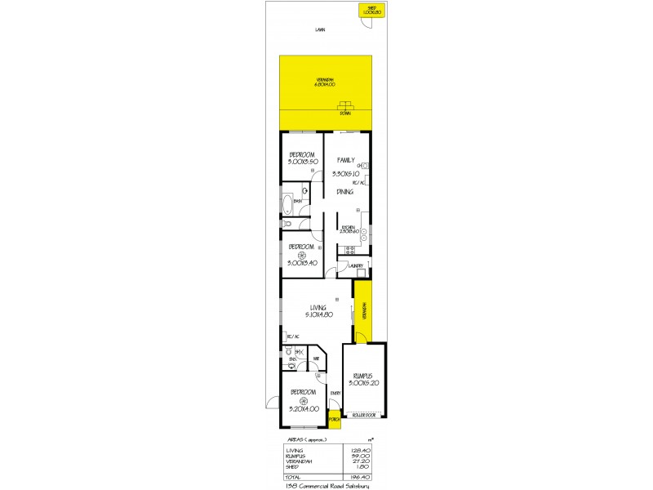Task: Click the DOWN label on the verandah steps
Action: tap(345, 114)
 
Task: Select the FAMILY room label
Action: tap(348, 162)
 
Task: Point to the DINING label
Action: tap(344, 192)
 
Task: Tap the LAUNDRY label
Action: tap(355, 266)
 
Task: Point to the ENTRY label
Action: tap(334, 394)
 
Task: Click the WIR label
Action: tap(315, 357)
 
